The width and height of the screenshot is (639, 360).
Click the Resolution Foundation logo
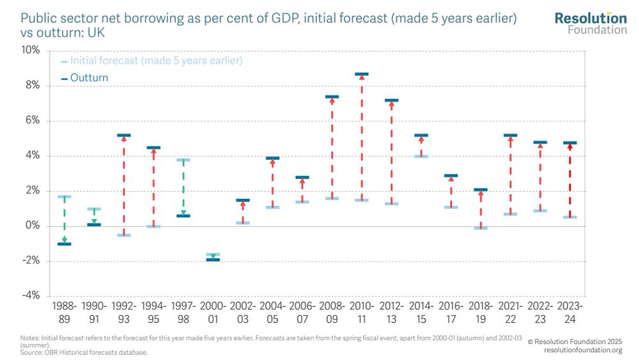pos(590,22)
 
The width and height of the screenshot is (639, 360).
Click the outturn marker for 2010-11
pos(362,74)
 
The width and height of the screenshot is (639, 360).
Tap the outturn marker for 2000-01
pos(213,260)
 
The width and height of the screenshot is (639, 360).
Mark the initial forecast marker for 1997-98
pos(183,160)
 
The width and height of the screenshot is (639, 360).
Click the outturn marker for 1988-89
pos(64,244)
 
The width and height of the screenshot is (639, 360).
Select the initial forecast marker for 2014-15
pos(421,156)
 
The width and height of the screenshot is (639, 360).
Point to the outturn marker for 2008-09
pos(332,97)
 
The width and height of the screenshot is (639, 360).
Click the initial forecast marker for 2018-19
pos(481,228)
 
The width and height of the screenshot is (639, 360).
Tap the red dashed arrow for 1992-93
pos(124,185)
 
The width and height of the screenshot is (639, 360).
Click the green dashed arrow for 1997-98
pos(183,188)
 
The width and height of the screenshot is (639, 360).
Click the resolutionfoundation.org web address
pos(583,350)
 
